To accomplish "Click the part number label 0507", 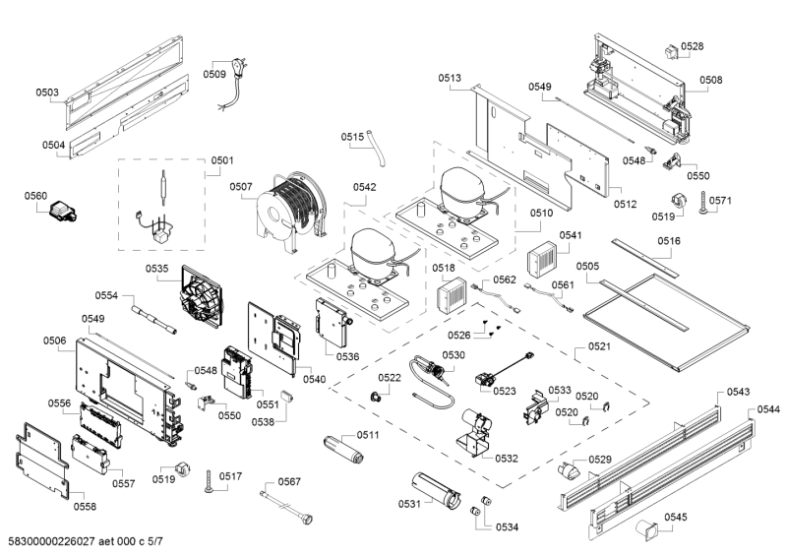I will click(x=242, y=186).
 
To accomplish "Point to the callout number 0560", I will click(x=36, y=196).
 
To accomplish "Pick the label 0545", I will click(x=676, y=517).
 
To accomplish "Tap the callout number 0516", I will click(x=669, y=240).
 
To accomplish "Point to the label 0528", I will click(x=693, y=46).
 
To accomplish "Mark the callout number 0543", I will click(x=739, y=392).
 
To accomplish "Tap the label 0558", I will click(x=85, y=506).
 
